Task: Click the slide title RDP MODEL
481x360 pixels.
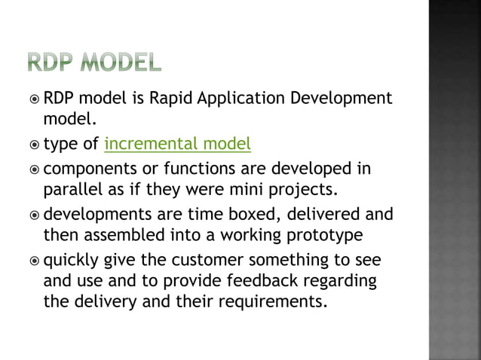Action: click(93, 63)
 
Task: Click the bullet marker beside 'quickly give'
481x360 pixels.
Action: click(34, 261)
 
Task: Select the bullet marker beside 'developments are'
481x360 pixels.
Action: click(34, 215)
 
